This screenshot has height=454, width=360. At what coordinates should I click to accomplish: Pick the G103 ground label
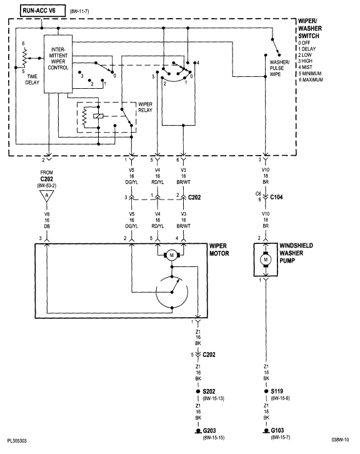coord(278,431)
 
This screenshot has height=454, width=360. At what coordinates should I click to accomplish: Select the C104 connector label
coord(277,196)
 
